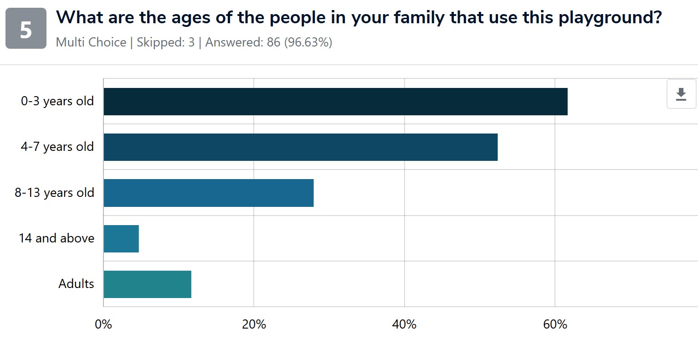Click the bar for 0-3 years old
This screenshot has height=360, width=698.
pos(335,102)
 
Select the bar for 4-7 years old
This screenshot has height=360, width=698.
pos(301,147)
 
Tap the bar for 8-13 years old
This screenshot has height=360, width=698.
pos(209,193)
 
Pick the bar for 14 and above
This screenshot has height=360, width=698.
pos(121,238)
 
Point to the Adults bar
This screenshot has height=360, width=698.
pos(147,284)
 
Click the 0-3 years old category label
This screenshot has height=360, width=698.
pos(57,101)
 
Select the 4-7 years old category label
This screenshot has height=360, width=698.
pos(57,147)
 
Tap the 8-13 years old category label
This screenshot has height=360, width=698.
pos(55,193)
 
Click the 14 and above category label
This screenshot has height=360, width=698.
pos(56,238)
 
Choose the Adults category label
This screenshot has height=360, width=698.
pos(76,283)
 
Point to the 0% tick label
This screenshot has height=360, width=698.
pos(103,324)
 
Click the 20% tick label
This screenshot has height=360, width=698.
pos(254,324)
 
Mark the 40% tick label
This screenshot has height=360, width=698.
pos(405,324)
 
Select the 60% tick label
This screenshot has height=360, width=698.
pos(555,324)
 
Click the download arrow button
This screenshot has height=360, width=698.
pos(681,94)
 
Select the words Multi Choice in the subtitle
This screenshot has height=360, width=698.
pos(91,42)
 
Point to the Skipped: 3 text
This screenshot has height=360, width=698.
pos(166,42)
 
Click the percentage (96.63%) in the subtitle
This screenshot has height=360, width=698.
pos(308,42)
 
